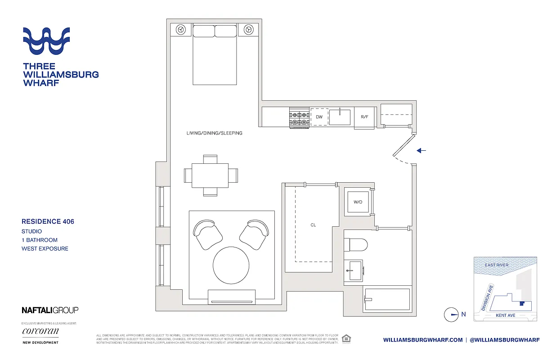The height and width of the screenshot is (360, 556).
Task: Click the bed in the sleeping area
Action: (x=215, y=56)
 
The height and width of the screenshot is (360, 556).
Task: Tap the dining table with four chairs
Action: (x=210, y=175)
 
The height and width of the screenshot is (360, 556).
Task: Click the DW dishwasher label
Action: (x=319, y=117)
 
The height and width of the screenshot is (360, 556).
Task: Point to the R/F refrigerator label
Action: (x=364, y=117)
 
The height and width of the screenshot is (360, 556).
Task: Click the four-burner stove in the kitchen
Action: (x=298, y=118)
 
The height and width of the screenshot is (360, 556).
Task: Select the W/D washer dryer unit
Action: (x=358, y=202)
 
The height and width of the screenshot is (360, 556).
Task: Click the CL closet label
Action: (x=313, y=225)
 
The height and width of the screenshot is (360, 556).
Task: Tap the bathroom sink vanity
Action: (x=354, y=270)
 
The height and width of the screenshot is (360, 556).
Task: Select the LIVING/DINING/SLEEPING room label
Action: (x=215, y=133)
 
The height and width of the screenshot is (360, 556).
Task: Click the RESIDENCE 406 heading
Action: (x=48, y=221)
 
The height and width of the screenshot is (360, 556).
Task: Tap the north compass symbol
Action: (x=451, y=315)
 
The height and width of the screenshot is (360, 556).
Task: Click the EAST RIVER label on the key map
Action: (x=497, y=265)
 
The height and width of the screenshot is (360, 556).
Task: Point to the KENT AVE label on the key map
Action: (x=505, y=315)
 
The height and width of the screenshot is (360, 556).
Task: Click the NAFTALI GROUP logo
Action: (x=50, y=310)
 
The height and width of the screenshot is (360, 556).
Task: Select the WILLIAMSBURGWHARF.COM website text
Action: (x=423, y=340)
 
